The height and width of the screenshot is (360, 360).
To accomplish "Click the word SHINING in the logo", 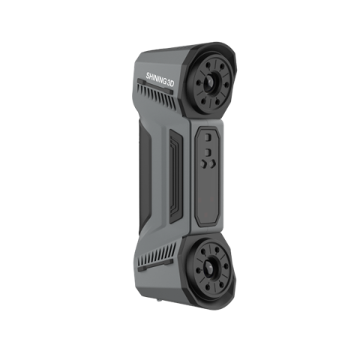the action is (x=156, y=78).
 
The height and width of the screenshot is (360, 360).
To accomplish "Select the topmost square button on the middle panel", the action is (x=208, y=137).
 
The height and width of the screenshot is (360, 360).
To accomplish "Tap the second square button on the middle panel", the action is (x=208, y=152).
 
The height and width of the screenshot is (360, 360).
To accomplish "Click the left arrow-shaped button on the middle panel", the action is (x=203, y=164).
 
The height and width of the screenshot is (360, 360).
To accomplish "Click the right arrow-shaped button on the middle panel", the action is (x=212, y=163).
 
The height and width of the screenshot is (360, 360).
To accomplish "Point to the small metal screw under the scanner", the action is (x=158, y=301).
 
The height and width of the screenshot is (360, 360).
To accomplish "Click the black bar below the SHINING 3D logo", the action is (x=155, y=86).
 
